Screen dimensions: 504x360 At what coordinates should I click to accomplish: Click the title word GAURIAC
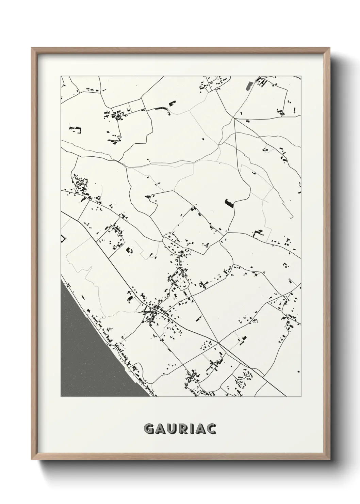tap(180, 428)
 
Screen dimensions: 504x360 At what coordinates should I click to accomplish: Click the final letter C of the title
tap(212, 428)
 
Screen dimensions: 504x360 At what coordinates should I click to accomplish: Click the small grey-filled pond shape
tap(249, 86)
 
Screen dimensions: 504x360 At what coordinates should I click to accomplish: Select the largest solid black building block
tap(229, 203)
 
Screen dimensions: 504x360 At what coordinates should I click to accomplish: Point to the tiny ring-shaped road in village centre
tap(182, 252)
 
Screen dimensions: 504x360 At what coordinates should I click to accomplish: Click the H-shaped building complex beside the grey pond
tap(262, 81)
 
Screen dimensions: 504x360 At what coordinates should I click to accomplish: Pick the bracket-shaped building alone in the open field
tap(76, 129)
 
